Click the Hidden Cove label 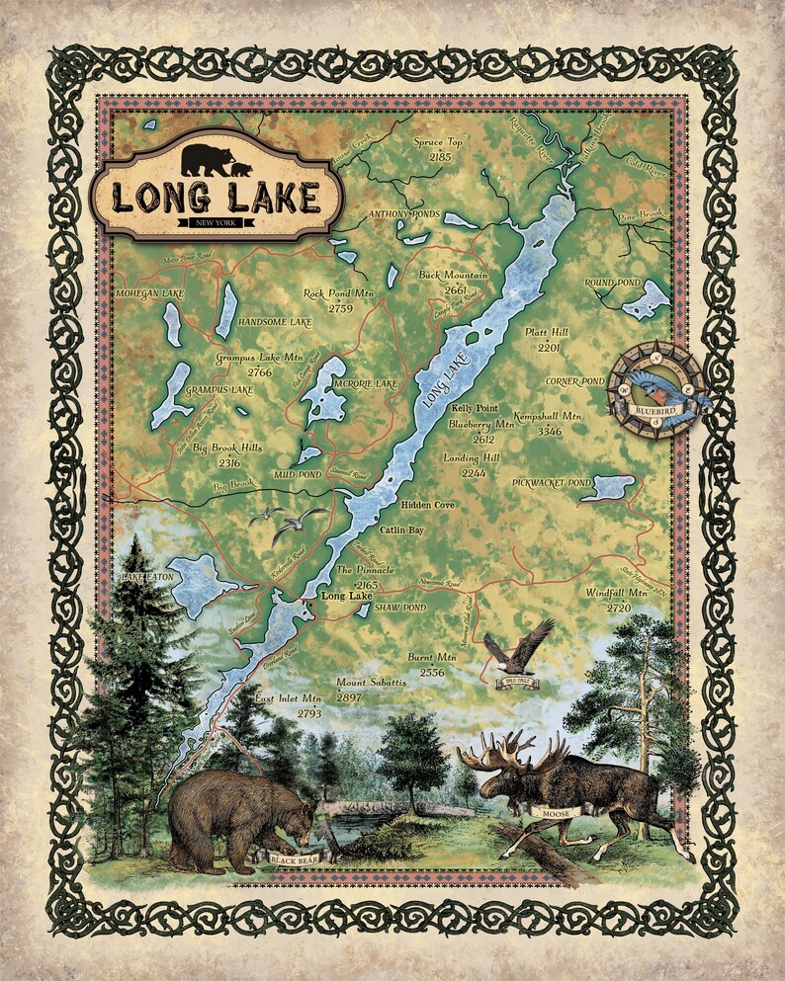427,505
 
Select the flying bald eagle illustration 518,647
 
